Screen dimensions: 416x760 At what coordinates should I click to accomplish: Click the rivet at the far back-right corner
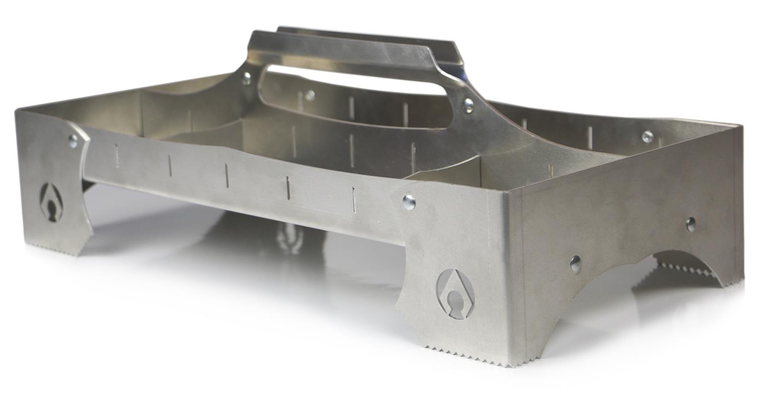coord(646,137)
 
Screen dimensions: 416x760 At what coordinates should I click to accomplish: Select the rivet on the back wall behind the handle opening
coord(310,95)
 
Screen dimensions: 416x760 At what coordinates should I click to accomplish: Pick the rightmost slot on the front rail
coord(354,199)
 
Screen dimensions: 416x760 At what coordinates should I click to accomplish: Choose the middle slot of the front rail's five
coord(227,175)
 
